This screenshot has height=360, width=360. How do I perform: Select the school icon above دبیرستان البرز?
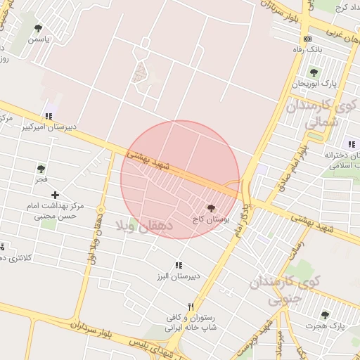pyautogui.click(x=179, y=265)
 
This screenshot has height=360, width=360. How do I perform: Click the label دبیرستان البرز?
pyautogui.click(x=179, y=276)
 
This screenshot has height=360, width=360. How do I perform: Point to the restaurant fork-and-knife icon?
pyautogui.click(x=191, y=307)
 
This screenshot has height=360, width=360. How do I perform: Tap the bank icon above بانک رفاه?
pyautogui.click(x=307, y=39)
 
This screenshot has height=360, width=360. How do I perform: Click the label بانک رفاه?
pyautogui.click(x=307, y=51)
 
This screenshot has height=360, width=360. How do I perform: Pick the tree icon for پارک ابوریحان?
pyautogui.click(x=314, y=72)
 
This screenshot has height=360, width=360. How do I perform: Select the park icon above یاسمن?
pyautogui.click(x=38, y=28)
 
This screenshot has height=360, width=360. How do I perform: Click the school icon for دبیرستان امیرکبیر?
pyautogui.click(x=49, y=116)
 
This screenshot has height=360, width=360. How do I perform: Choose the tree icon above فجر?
pyautogui.click(x=41, y=169)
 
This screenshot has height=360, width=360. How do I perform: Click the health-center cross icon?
pyautogui.click(x=55, y=194)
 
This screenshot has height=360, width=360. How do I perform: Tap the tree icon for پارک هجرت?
pyautogui.click(x=324, y=315)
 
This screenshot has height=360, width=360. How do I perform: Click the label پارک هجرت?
pyautogui.click(x=324, y=327)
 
